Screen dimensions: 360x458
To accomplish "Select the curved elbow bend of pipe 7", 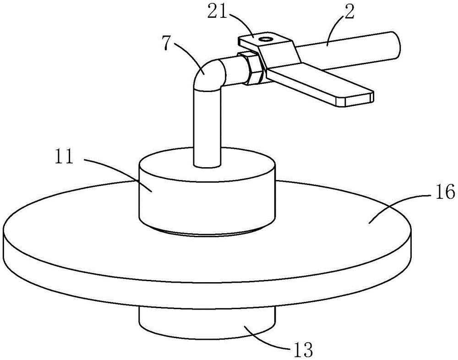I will pyautogui.click(x=208, y=73).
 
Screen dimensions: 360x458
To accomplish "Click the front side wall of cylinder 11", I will pyautogui.click(x=206, y=202).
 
